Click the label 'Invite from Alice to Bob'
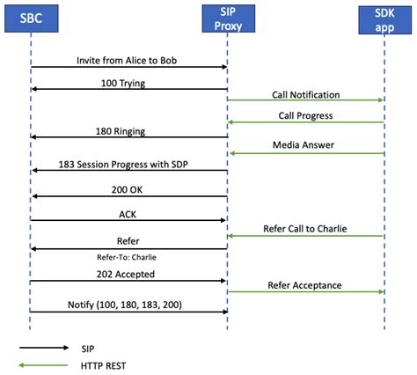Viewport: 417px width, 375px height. [x=129, y=59]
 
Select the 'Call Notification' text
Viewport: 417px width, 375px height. [x=305, y=93]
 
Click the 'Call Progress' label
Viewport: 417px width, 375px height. [x=305, y=115]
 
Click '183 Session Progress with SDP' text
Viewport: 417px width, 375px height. [x=129, y=164]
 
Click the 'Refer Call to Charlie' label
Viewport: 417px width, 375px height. [x=305, y=228]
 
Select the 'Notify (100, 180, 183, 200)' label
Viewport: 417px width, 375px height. [x=128, y=304]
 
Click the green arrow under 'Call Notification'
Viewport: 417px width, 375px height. [x=305, y=100]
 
